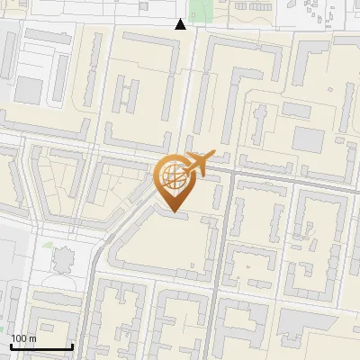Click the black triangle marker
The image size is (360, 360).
coord(181,24)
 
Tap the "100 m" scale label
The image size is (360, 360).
coord(23,338)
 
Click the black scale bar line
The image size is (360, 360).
coord(41,346)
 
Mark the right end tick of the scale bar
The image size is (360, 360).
coord(72,345)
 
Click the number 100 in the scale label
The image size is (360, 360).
coord(18,338)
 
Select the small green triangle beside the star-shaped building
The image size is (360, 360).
coord(47,243)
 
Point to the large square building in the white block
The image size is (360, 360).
coord(29,89)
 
